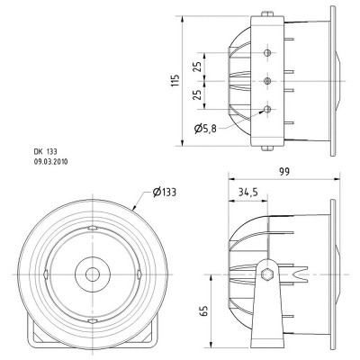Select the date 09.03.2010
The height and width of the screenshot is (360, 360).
click(x=52, y=163)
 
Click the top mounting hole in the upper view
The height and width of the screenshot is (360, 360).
click(x=267, y=53)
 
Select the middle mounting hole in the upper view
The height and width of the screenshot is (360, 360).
click(x=267, y=81)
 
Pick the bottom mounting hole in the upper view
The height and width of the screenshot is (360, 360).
click(x=267, y=109)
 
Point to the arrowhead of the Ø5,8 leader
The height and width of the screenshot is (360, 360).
click(x=262, y=112)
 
